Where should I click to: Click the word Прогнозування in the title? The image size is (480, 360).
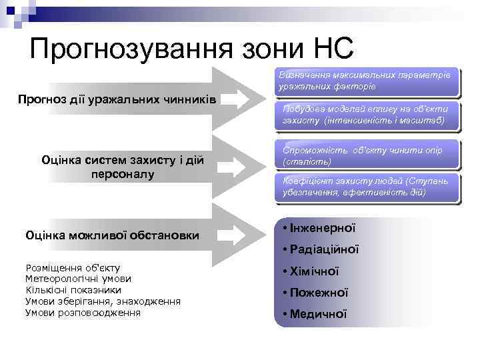pyautogui.click(x=127, y=49)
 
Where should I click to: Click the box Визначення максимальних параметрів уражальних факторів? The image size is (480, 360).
pyautogui.click(x=366, y=81)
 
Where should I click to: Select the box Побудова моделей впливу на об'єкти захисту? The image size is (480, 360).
pyautogui.click(x=366, y=116)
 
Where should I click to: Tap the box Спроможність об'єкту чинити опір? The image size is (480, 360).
pyautogui.click(x=366, y=155)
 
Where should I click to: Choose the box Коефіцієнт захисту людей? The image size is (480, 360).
pyautogui.click(x=366, y=187)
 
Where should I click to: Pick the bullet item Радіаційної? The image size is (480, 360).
pyautogui.click(x=321, y=249)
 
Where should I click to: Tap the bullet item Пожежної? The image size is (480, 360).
pyautogui.click(x=315, y=293)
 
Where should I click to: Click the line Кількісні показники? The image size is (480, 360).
pyautogui.click(x=73, y=290)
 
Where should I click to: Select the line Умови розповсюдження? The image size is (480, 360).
pyautogui.click(x=83, y=312)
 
